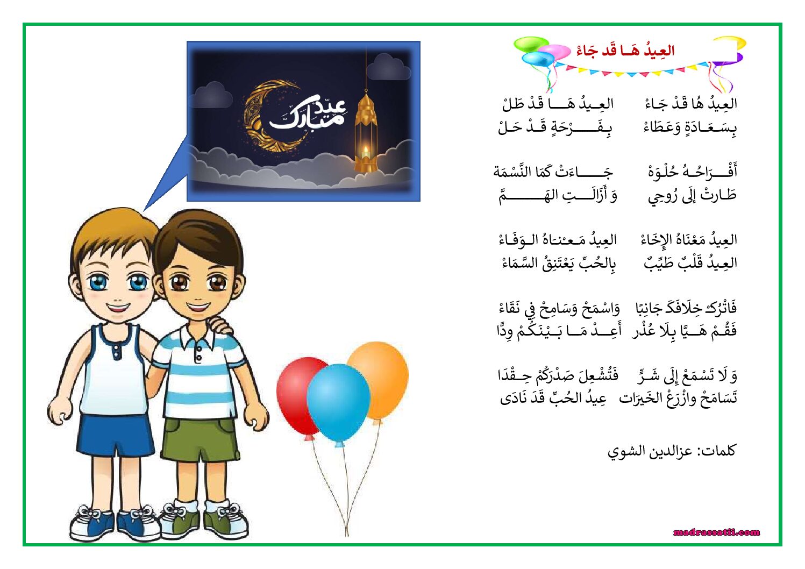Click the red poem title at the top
(x=626, y=51)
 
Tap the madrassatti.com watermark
(x=716, y=532)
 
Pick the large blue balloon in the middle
(x=338, y=403)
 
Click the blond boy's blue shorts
(x=115, y=435)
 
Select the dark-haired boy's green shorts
(x=200, y=438)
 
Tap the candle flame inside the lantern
(x=366, y=150)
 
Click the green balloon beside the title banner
(x=531, y=44)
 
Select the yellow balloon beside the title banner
(x=730, y=42)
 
